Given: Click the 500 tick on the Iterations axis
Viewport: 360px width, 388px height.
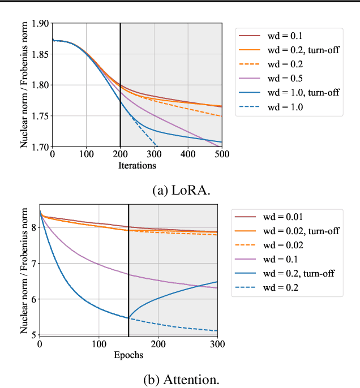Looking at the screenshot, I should pos(221,154).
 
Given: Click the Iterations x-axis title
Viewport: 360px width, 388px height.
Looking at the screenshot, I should pos(136,165).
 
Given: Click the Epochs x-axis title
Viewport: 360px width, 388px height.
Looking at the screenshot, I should pos(128,355).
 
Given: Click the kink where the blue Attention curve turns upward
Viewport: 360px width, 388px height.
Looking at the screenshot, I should pos(128,318).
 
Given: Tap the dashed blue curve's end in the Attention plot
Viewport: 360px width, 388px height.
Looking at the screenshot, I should pos(217,331).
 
